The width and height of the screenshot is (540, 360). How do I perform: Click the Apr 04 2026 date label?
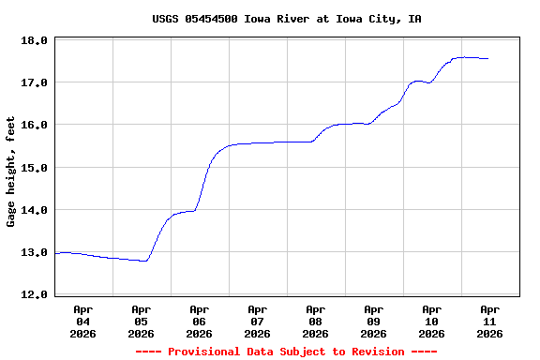(x=83, y=321)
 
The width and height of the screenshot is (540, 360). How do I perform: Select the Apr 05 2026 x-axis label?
(x=142, y=321)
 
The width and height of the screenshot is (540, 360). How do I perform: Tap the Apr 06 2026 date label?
(x=200, y=321)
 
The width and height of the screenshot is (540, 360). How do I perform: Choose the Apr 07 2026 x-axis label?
(x=258, y=321)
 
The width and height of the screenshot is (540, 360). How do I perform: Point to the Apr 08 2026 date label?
(x=316, y=321)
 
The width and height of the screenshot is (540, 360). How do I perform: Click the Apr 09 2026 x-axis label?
(x=374, y=321)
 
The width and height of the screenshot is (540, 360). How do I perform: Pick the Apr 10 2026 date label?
(x=432, y=321)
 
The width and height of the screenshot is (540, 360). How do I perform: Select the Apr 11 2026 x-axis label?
(x=489, y=321)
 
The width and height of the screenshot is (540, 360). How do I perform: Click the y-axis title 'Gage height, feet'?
(x=11, y=172)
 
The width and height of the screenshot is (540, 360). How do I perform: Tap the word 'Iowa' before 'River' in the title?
(x=259, y=19)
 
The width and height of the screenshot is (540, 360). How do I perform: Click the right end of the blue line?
(x=488, y=58)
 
